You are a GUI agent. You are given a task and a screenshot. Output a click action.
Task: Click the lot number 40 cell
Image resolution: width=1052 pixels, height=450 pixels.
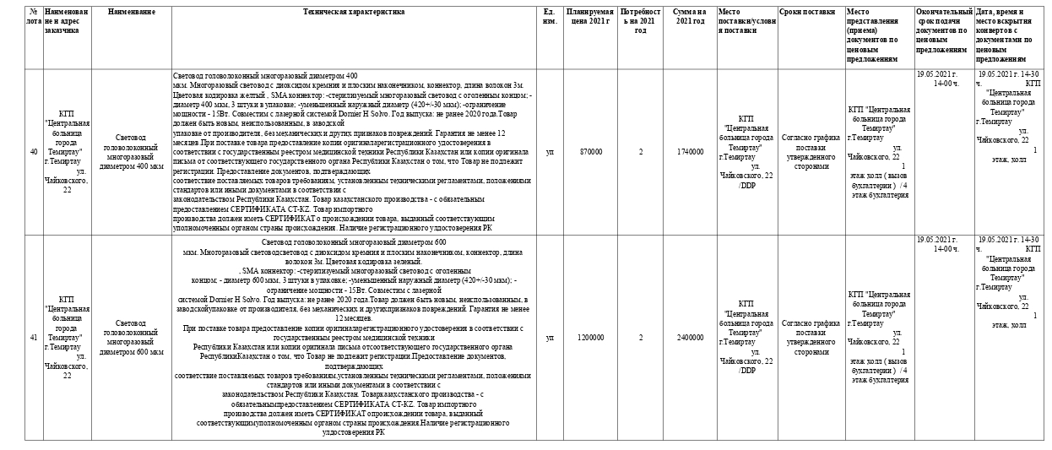tap(34, 152)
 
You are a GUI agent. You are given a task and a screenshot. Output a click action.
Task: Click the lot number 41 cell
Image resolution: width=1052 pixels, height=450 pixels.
tap(34, 338)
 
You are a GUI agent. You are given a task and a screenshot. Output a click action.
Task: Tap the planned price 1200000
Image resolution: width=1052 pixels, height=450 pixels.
tap(591, 338)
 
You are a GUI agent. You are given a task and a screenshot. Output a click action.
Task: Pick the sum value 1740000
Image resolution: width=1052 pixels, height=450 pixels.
tap(690, 152)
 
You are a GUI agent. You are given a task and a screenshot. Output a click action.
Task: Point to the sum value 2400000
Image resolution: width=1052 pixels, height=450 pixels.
tap(690, 338)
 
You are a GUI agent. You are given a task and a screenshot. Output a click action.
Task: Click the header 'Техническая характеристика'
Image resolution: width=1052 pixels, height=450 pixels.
tap(353, 13)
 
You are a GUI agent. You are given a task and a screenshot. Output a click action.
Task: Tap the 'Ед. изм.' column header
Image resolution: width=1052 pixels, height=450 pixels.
tap(550, 17)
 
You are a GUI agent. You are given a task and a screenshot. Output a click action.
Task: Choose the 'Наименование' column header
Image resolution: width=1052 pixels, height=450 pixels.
tap(131, 13)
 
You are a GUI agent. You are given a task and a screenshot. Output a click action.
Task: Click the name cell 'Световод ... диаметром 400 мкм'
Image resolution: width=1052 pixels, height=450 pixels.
tap(131, 152)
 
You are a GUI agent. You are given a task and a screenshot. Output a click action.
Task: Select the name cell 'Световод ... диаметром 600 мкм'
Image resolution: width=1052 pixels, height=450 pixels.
tap(131, 338)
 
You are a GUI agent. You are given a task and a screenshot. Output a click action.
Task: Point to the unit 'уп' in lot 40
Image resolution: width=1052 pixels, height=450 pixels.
tap(550, 152)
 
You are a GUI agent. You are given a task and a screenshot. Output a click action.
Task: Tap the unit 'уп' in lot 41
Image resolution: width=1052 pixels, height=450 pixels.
tap(550, 338)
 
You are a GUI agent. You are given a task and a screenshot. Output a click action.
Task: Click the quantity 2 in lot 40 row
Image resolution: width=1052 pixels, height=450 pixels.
tap(641, 152)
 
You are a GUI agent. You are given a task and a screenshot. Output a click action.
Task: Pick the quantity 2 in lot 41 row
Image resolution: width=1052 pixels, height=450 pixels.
tap(641, 338)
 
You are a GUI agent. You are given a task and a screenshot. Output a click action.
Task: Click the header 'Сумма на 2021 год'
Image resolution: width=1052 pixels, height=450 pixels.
tap(690, 17)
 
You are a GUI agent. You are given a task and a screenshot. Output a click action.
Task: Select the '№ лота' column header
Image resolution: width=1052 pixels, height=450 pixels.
tap(34, 17)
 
